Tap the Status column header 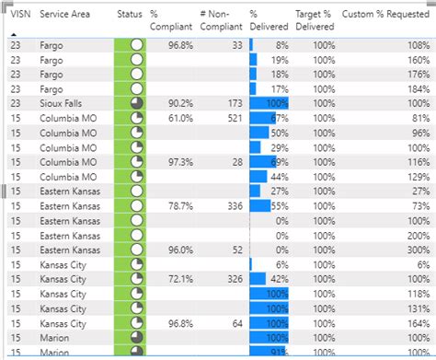[130, 15]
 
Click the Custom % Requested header [384, 15]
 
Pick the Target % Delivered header [314, 21]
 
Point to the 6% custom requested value [422, 264]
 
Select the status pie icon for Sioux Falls [137, 104]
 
